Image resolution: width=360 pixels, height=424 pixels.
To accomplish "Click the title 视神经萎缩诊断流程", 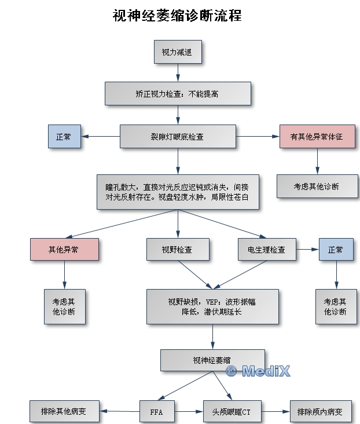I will point(177,16).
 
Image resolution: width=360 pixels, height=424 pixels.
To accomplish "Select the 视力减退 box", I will point(177,53).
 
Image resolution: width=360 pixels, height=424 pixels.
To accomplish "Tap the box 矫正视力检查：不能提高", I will point(177,93).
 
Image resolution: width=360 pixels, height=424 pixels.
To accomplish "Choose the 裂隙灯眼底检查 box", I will point(177,137).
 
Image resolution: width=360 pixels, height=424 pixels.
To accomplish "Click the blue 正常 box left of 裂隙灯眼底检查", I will point(64,137).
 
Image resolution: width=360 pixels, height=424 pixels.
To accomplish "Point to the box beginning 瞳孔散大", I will point(177,192).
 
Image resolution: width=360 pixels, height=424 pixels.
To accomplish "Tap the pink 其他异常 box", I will point(64,250).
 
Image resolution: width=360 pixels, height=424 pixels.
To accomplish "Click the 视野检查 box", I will point(177,250).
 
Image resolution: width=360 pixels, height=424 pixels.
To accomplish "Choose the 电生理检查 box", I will point(267,250).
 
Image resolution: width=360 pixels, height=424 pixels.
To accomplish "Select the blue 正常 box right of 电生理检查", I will point(336,250).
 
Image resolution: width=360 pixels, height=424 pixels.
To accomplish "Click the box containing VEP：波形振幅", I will point(212,306).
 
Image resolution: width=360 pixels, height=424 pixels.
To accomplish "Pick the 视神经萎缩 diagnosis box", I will point(212,360).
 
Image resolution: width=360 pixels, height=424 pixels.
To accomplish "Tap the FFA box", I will point(156,412).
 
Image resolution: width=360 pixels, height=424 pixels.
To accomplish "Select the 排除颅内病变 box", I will point(319,412).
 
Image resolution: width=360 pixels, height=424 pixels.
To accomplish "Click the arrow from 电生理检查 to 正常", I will point(307,250).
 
